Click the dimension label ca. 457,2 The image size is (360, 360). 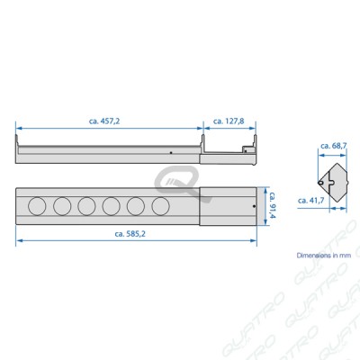point(104,121)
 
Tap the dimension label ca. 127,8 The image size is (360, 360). point(229,121)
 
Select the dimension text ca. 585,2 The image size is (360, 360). point(130,234)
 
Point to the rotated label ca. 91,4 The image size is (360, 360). point(272,205)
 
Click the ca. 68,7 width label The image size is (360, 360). point(334,146)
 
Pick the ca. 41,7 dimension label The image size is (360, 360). point(311,201)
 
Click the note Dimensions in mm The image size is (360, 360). point(324,256)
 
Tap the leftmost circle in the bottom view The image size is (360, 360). point(37,206)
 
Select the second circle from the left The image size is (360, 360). point(62,206)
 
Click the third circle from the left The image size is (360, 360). point(86,206)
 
